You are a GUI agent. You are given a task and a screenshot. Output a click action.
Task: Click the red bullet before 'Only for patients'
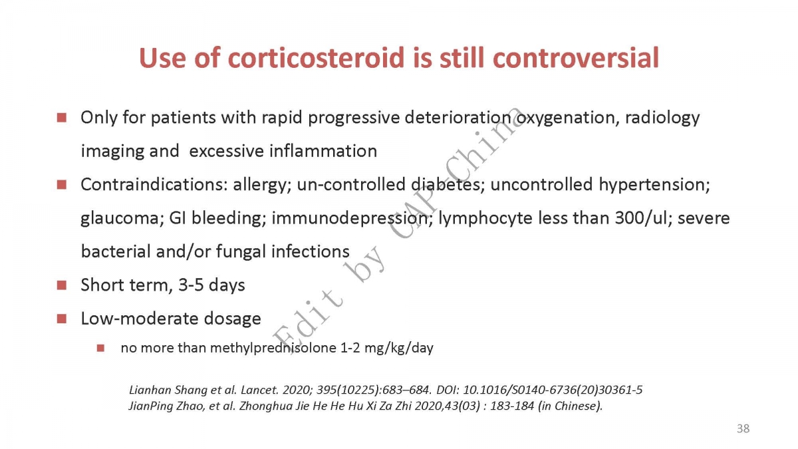(x=62, y=118)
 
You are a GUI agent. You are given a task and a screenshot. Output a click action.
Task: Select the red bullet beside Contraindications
(x=62, y=185)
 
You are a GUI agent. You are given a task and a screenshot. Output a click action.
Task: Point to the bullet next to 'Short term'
(x=62, y=285)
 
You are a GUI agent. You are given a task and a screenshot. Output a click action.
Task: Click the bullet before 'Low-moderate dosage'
(x=62, y=319)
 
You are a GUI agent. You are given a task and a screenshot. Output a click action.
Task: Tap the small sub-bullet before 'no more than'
(x=100, y=348)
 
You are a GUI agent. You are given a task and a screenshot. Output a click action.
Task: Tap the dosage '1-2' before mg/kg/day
(x=350, y=348)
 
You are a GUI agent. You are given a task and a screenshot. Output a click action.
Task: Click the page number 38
(x=743, y=428)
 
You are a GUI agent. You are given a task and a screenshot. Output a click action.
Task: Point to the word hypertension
(x=654, y=186)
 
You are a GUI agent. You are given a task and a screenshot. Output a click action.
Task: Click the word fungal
(x=241, y=252)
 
